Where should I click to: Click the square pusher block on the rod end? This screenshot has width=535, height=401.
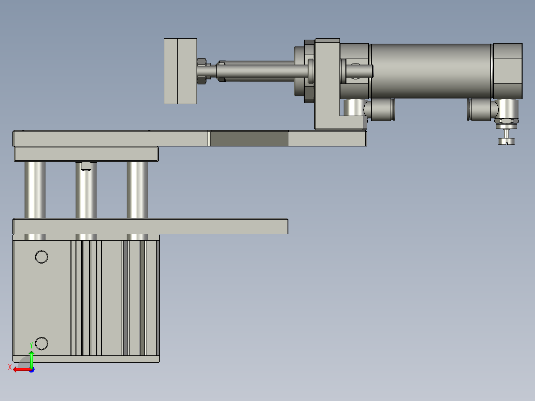click(180, 71)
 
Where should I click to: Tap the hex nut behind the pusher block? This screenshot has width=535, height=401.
click(201, 71)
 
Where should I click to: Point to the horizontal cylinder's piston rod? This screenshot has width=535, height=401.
click(258, 71)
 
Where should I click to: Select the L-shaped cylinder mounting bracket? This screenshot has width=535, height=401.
click(327, 84)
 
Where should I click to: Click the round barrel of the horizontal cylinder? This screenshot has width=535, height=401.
click(431, 71)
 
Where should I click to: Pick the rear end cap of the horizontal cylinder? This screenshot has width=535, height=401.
click(507, 70)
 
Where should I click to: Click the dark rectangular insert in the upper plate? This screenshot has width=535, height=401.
click(249, 138)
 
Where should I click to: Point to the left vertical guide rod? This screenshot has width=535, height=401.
click(35, 190)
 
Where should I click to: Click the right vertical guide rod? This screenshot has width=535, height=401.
click(137, 190)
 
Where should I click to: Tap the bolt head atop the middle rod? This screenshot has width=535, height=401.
click(86, 166)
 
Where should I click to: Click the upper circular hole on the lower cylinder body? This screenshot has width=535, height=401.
click(42, 257)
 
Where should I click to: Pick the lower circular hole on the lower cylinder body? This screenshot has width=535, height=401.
click(42, 343)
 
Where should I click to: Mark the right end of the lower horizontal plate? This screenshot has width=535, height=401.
click(285, 226)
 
